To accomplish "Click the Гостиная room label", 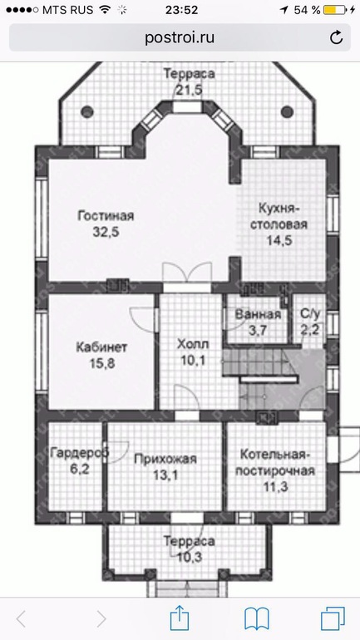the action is (106, 215).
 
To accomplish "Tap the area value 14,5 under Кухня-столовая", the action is (279, 240).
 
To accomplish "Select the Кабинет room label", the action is (101, 347).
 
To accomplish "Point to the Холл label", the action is (193, 344).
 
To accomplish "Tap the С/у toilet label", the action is (310, 313).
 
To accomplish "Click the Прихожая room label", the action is (165, 459).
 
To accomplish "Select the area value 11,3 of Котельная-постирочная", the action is (277, 486).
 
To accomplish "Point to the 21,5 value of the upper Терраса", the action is (189, 90).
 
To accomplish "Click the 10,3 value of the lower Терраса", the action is (190, 557).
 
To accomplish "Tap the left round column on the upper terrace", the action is (87, 111).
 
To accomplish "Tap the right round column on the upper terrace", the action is (287, 111).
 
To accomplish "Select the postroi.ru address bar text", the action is (180, 38).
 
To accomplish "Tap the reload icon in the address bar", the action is (336, 38).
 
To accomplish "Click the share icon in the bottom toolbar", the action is (180, 618).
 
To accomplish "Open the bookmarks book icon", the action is (256, 618).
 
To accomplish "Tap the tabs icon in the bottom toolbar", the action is (333, 618).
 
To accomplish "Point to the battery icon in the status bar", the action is (335, 10).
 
